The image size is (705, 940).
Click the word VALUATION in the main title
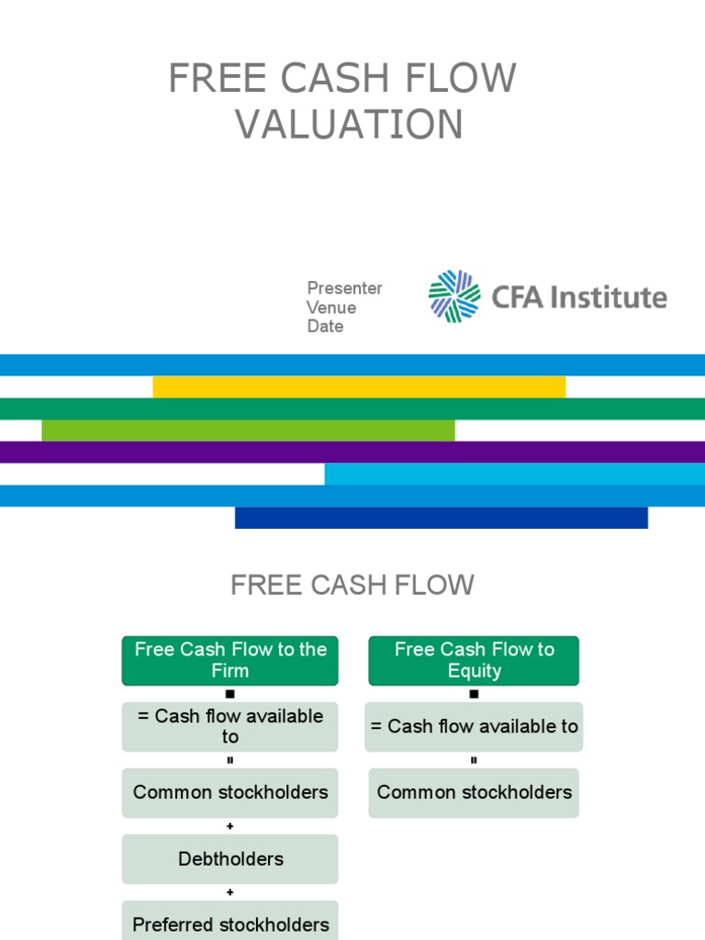pos(350,125)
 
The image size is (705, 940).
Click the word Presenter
pos(344,288)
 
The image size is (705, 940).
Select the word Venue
pos(331,308)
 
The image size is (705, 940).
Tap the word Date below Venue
pos(325,327)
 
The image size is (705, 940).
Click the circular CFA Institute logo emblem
pos(454,297)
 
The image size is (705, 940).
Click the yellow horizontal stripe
pos(358,386)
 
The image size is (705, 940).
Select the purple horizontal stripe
pos(352,452)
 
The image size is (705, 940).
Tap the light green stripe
pos(248,430)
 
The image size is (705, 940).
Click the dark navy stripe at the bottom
pos(441,518)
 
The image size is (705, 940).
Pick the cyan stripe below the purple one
pos(514,474)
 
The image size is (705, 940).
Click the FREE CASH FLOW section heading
pos(352,586)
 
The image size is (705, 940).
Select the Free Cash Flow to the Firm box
pos(229,660)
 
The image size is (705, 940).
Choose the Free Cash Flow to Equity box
pos(474,660)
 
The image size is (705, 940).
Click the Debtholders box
pos(229,859)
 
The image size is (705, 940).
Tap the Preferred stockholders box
pos(229,923)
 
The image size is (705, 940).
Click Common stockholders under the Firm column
pos(229,792)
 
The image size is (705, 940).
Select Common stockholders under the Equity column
pos(474,792)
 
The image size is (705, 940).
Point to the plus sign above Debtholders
pos(229,826)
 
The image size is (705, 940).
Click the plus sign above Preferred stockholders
pos(229,892)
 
